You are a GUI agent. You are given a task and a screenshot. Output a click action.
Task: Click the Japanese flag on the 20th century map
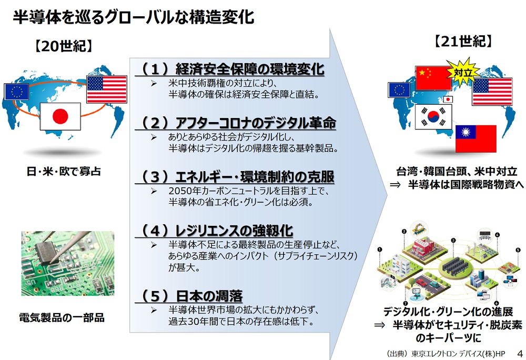click(x=60, y=116)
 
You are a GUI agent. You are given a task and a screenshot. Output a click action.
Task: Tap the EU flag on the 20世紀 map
click(x=16, y=91)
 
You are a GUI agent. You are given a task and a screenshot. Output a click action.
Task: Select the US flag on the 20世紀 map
click(x=107, y=89)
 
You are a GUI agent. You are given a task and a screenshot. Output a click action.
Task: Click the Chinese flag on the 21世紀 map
click(x=433, y=78)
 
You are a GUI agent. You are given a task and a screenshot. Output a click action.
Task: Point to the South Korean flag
click(x=433, y=117)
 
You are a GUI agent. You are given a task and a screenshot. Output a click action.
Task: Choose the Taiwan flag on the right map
click(x=476, y=138)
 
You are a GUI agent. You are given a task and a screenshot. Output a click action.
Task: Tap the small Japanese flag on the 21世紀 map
click(x=448, y=99)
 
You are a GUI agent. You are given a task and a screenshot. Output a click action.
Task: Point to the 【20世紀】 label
click(x=64, y=46)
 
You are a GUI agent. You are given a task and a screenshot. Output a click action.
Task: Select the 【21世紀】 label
click(x=463, y=41)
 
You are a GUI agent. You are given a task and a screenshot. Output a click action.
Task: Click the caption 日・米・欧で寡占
click(x=64, y=172)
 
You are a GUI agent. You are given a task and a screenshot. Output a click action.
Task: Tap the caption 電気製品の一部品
click(x=62, y=317)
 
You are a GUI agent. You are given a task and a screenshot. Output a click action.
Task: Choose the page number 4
click(x=520, y=353)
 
